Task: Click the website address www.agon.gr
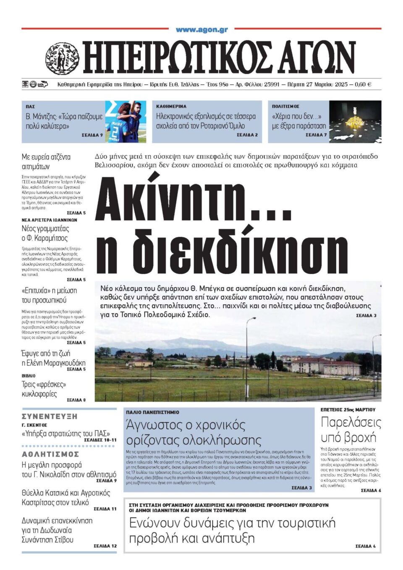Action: pyautogui.click(x=201, y=30)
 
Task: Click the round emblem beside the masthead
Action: pyautogui.click(x=62, y=59)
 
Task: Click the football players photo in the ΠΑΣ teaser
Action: pyautogui.click(x=126, y=121)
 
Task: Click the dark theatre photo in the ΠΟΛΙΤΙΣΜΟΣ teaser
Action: pyautogui.click(x=355, y=121)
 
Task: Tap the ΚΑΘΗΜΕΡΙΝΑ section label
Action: pyautogui.click(x=171, y=107)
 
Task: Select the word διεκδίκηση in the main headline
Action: pyautogui.click(x=222, y=251)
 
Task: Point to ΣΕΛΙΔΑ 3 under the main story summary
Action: pyautogui.click(x=366, y=316)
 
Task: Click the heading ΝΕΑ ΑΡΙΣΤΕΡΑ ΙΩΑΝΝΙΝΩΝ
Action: pyautogui.click(x=50, y=220)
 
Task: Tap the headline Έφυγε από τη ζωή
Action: pyautogui.click(x=46, y=353)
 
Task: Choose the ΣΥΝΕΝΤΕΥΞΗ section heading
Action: pyautogui.click(x=50, y=416)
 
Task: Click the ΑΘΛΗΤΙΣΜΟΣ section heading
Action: pyautogui.click(x=50, y=454)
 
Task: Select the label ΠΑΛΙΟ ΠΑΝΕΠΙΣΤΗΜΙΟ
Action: pyautogui.click(x=152, y=413)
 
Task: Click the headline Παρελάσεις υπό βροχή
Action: pyautogui.click(x=351, y=429)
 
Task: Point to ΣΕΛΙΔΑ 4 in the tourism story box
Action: pyautogui.click(x=365, y=546)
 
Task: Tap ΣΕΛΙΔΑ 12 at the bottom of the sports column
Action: pyautogui.click(x=105, y=546)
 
